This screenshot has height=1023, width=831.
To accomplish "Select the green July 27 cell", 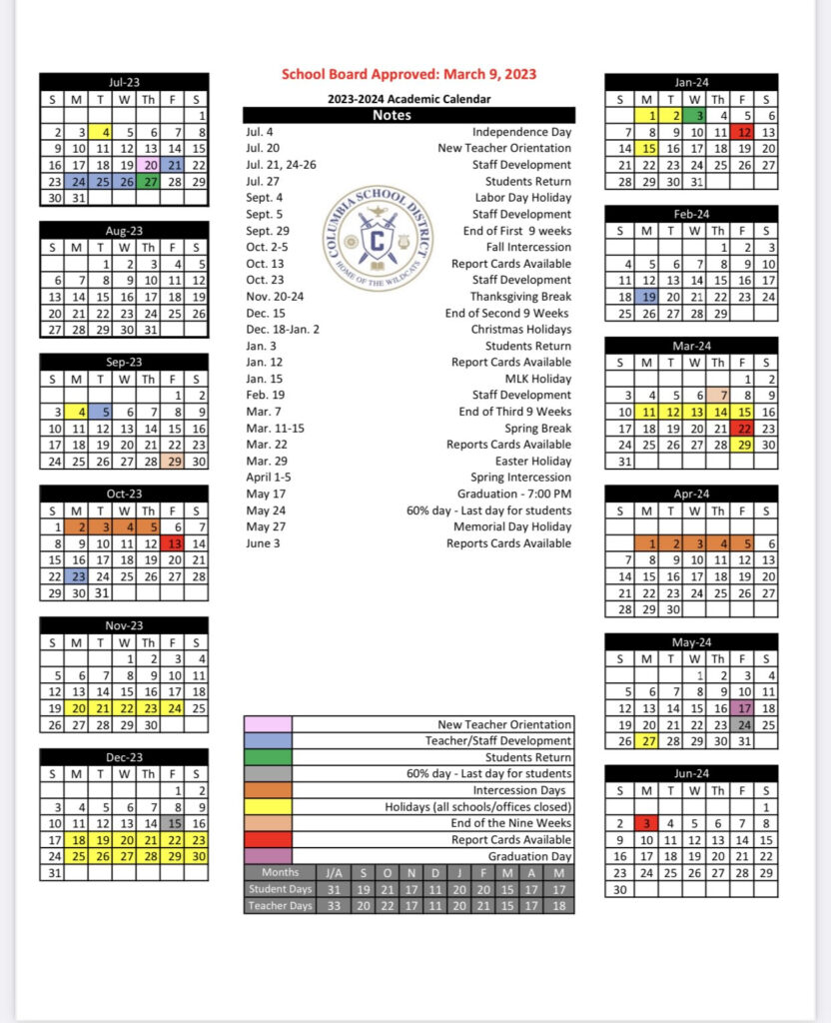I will tap(150, 182).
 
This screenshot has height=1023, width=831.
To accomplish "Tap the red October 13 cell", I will tap(174, 543).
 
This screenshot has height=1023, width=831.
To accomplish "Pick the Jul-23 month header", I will tap(124, 82).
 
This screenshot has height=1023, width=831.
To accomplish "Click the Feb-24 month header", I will tap(691, 214).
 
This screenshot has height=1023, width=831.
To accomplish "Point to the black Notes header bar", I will tap(409, 115).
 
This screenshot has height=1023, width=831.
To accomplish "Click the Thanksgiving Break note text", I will tap(520, 297).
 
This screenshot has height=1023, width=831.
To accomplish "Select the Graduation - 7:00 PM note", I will tap(514, 494).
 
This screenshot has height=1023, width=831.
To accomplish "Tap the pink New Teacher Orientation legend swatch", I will tap(268, 724).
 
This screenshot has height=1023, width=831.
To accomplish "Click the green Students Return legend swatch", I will tap(268, 757).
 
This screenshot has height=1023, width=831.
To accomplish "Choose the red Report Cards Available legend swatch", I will tap(268, 840).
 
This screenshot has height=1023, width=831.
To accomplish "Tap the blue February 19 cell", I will tap(647, 297).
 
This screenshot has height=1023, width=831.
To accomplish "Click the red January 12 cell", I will tap(743, 132).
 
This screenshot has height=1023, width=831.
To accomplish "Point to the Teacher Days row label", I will tap(280, 906).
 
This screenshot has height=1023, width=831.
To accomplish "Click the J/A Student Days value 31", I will tap(334, 889).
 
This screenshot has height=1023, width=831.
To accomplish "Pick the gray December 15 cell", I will tap(174, 823).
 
